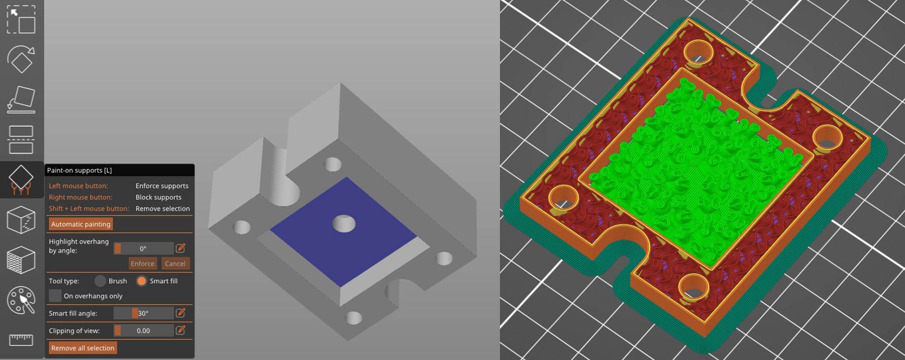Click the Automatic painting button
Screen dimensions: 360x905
tap(81, 224)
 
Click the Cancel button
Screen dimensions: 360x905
tap(175, 264)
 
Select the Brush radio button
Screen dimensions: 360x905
tap(100, 281)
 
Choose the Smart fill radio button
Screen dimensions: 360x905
tap(141, 281)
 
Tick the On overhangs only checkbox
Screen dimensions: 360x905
tap(56, 296)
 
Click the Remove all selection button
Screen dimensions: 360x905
tap(82, 348)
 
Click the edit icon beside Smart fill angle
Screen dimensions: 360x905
tap(181, 313)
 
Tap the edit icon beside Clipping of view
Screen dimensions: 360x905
tap(181, 330)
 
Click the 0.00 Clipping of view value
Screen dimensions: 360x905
tap(143, 330)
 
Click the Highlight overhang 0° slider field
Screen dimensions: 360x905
tap(143, 248)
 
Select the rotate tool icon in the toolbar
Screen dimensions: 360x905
tap(21, 59)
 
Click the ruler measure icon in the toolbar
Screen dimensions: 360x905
tap(21, 339)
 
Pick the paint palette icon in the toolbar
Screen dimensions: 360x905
tap(21, 301)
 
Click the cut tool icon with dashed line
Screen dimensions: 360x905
tap(21, 139)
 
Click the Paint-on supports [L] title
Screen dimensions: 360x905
tap(80, 170)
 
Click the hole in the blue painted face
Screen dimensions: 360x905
tap(344, 223)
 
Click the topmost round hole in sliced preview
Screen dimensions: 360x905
tap(698, 52)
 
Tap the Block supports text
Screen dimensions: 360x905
tap(158, 197)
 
